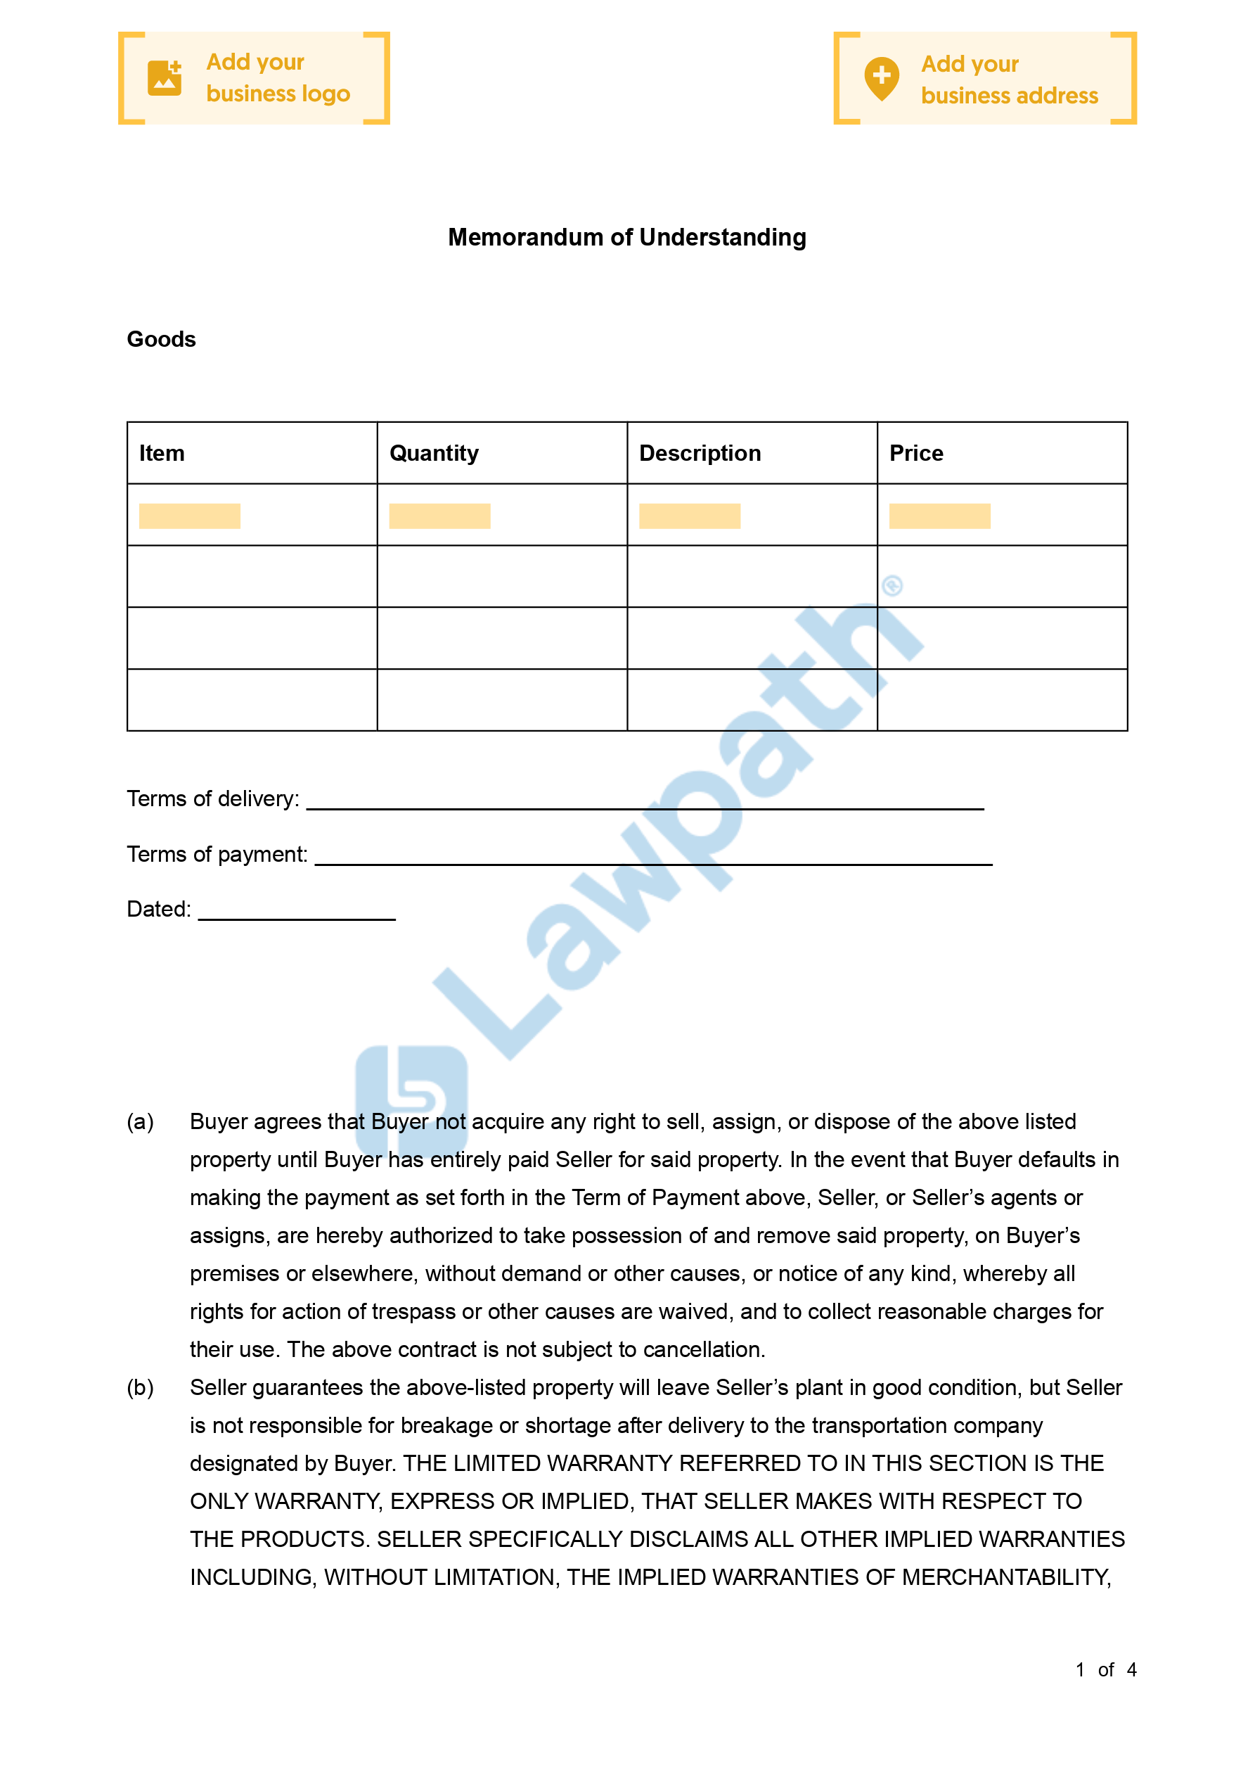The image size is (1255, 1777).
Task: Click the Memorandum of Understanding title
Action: pyautogui.click(x=626, y=237)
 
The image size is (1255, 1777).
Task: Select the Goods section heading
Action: pyautogui.click(x=161, y=339)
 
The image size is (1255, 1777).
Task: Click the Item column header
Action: pyautogui.click(x=162, y=453)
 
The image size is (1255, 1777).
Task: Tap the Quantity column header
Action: pyautogui.click(x=433, y=453)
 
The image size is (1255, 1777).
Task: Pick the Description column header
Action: pyautogui.click(x=700, y=453)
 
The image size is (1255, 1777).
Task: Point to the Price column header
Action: pyautogui.click(x=916, y=453)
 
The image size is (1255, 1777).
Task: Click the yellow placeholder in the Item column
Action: pyautogui.click(x=190, y=516)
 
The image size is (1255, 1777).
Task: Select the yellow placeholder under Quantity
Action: pyautogui.click(x=439, y=516)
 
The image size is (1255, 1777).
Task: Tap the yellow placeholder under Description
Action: pyautogui.click(x=690, y=516)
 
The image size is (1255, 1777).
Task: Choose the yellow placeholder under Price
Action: pyautogui.click(x=939, y=516)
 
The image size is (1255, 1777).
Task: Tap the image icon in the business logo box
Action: pyautogui.click(x=165, y=78)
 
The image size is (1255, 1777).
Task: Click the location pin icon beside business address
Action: pyautogui.click(x=881, y=78)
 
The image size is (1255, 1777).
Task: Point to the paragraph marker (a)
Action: pyautogui.click(x=140, y=1121)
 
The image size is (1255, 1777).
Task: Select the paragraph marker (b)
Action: pyautogui.click(x=140, y=1388)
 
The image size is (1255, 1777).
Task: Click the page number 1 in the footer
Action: pyautogui.click(x=1079, y=1669)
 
